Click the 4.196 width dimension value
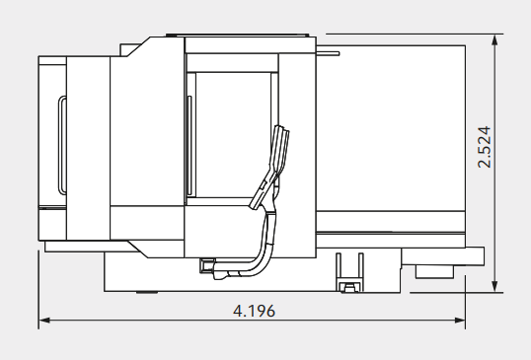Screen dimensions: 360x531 [254, 310]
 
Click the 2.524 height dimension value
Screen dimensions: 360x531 [484, 146]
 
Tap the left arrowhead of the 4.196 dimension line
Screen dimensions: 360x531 [43, 321]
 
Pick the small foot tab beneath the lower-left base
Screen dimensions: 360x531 [145, 293]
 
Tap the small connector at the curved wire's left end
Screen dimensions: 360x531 [208, 264]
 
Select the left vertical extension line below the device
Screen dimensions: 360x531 [38, 286]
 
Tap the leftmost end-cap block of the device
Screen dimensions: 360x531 [51, 148]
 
